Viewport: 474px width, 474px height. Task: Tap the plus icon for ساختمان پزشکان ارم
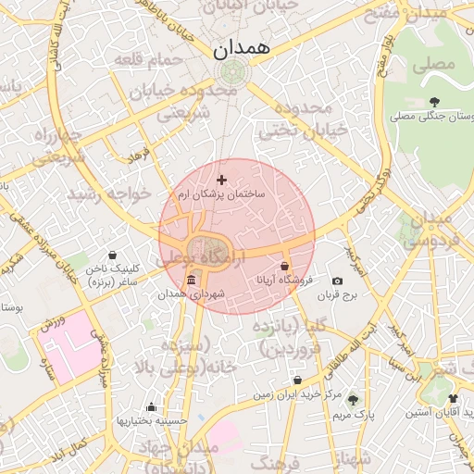tap(220, 179)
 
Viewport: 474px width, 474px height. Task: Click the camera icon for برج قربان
tap(337, 281)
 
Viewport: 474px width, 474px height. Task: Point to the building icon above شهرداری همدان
tap(191, 281)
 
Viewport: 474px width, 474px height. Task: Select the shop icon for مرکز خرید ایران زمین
tap(297, 380)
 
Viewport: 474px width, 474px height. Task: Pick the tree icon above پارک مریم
tap(352, 400)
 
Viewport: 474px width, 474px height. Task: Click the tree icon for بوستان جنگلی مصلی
tap(434, 102)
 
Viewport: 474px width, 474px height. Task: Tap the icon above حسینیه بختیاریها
tap(152, 406)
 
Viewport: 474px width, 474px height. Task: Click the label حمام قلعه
tap(149, 62)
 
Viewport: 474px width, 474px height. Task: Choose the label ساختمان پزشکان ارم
tap(221, 194)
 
